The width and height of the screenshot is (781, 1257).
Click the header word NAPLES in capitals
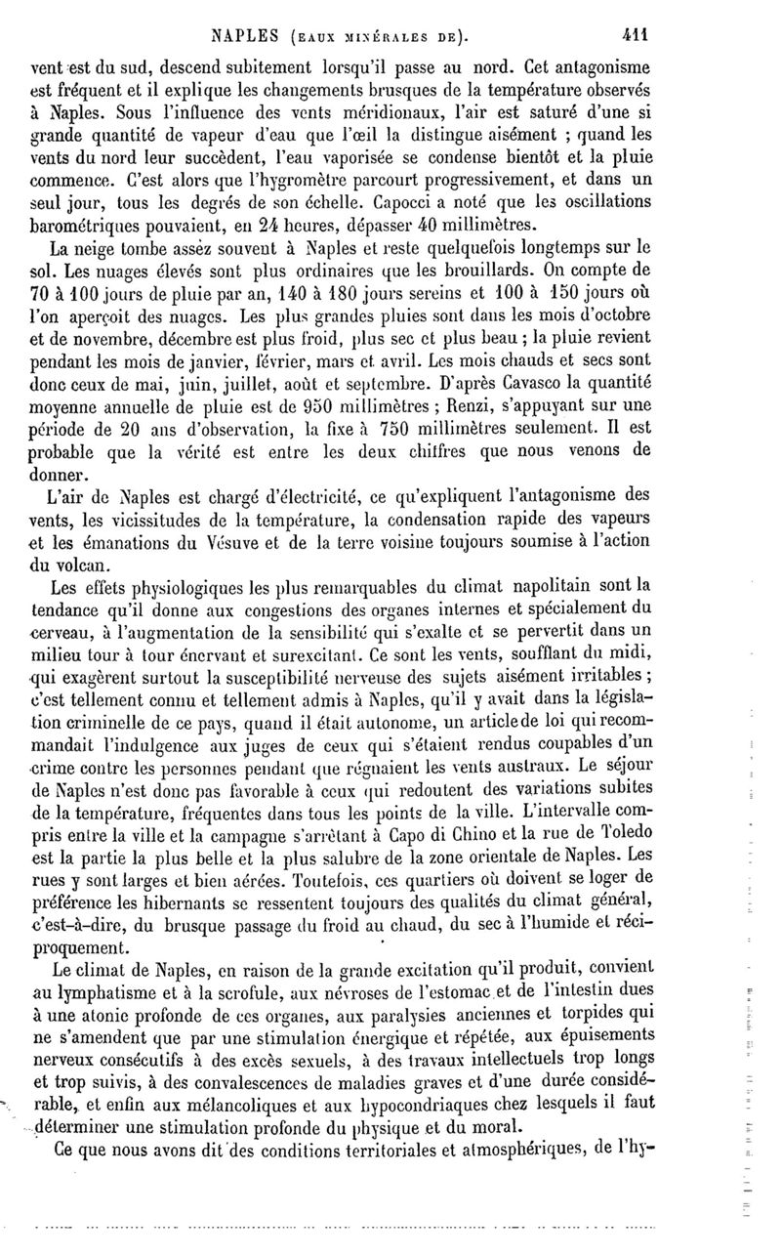[253, 38]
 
